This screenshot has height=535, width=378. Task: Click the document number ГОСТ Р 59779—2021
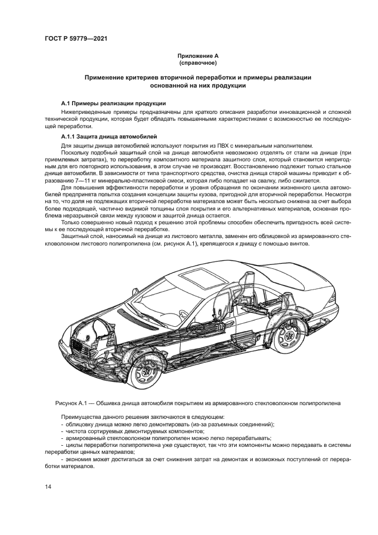point(76,38)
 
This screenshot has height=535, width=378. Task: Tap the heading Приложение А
point(198,56)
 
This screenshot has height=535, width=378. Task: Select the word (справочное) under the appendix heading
point(198,62)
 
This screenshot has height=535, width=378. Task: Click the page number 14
point(49,486)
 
